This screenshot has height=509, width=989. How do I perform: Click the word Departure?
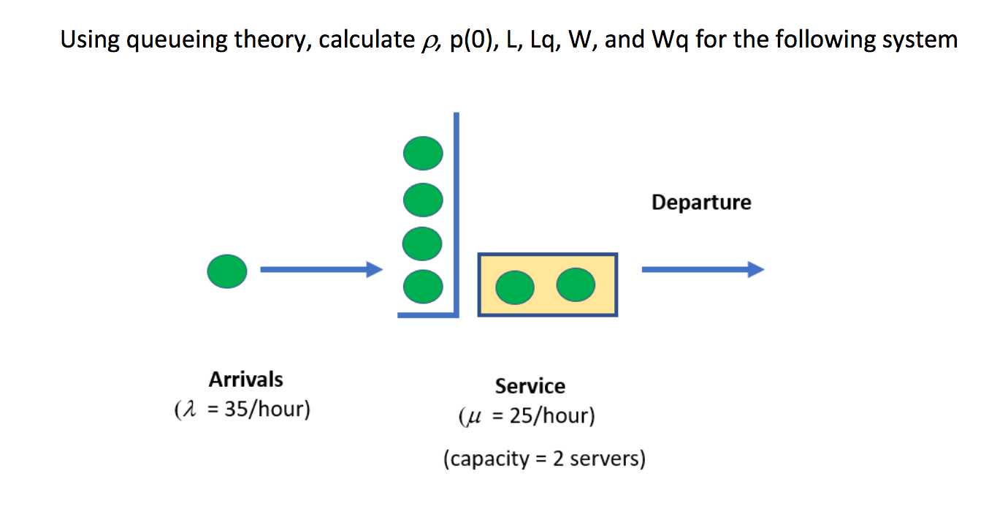(x=700, y=202)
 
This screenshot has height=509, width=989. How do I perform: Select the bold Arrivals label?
(x=245, y=379)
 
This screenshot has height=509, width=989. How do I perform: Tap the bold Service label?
(x=530, y=385)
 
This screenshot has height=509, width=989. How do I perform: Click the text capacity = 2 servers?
(x=544, y=459)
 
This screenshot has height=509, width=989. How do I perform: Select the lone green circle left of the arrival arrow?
(x=227, y=271)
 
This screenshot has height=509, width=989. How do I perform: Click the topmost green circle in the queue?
(x=423, y=154)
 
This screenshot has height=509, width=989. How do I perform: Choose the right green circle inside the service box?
(x=576, y=284)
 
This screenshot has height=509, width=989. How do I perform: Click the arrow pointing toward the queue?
(x=321, y=271)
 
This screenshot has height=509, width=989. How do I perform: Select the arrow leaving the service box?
(x=702, y=271)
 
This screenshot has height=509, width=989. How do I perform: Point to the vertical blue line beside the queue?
(x=457, y=212)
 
